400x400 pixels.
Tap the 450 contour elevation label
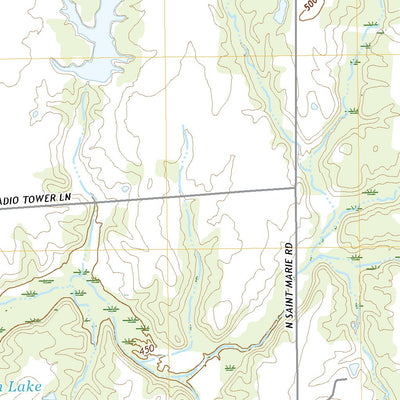(148, 352)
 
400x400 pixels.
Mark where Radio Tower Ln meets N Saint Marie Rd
(295, 187)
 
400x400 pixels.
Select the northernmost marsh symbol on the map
(372, 22)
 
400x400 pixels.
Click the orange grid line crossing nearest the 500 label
(295, 57)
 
